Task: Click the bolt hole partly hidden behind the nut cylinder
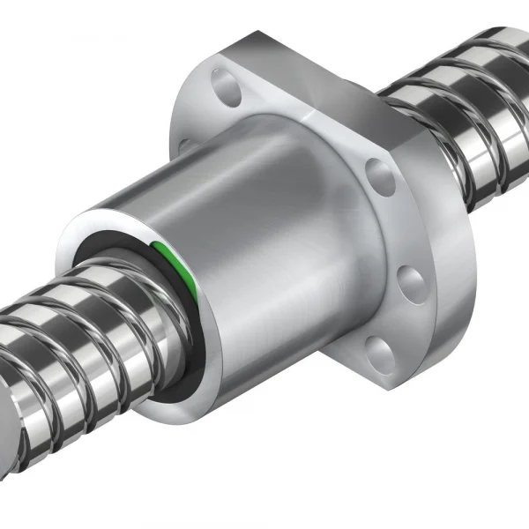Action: (186, 145)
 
